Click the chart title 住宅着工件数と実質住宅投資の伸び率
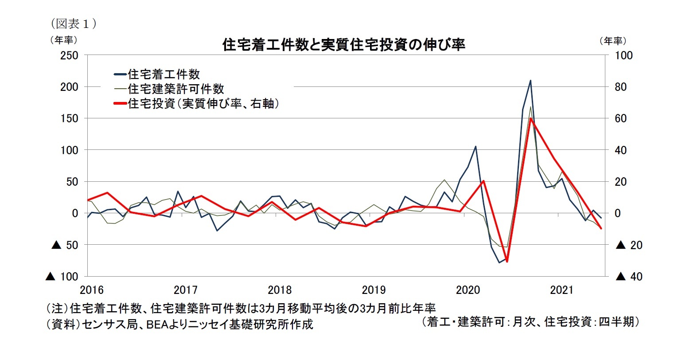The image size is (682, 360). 343,45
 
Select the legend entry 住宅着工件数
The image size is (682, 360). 163,74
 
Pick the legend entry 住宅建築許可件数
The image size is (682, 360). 175,89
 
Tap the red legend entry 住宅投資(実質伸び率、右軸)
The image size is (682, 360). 203,104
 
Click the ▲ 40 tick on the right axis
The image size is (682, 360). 629,277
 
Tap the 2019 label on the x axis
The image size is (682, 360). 374,290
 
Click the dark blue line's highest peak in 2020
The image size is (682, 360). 530,81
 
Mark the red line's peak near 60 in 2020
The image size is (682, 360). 530,118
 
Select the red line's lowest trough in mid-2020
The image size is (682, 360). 507,261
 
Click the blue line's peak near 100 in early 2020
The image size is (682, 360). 475,146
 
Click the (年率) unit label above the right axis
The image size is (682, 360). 612,41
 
